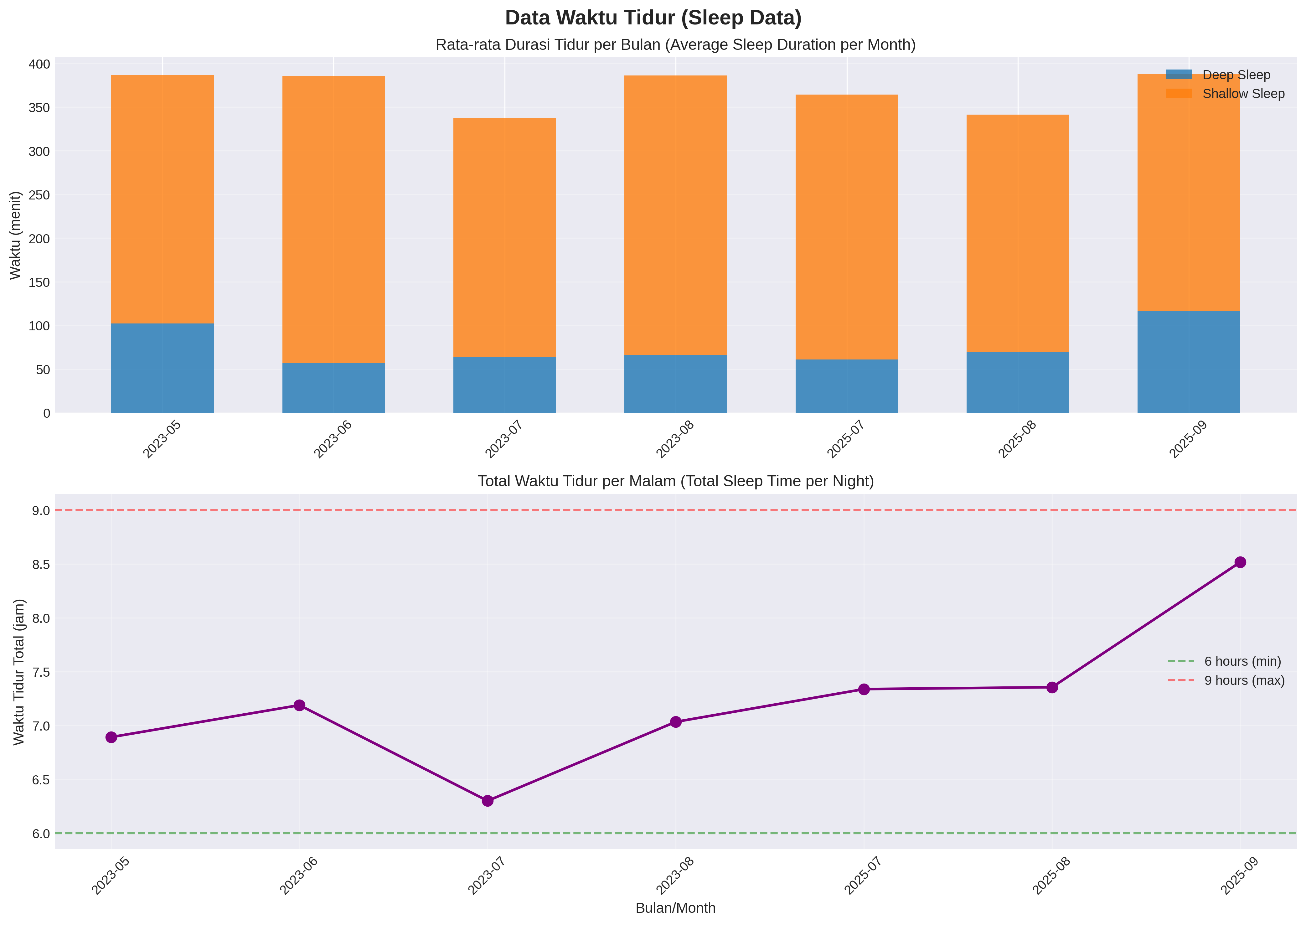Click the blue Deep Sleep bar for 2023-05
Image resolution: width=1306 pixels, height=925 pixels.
[x=162, y=368]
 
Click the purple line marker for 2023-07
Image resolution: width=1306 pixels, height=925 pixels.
[x=488, y=801]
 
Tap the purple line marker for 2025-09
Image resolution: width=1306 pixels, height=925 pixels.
[x=1240, y=562]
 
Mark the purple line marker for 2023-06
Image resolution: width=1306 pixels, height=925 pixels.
[x=299, y=705]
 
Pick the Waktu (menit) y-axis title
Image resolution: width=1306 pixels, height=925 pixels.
[x=15, y=235]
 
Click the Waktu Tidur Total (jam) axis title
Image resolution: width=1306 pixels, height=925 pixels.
[x=19, y=672]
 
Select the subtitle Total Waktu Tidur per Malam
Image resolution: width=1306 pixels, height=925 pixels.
[x=675, y=481]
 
